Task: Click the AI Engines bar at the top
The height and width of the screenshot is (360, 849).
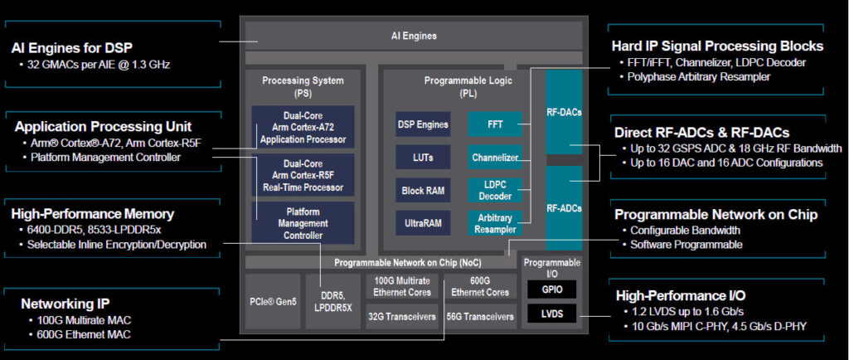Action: point(413,36)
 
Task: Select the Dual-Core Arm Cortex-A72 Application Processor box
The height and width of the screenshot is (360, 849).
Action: point(303,128)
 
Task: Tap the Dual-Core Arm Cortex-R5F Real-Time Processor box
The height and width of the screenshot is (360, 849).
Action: point(303,175)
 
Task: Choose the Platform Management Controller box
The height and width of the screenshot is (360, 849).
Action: point(303,222)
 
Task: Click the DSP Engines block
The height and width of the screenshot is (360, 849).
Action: point(423,125)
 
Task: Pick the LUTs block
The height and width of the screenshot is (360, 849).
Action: point(423,157)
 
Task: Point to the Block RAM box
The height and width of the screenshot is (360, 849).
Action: point(423,190)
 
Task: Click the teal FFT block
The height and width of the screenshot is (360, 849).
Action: point(494,125)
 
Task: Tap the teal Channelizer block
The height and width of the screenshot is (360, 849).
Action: point(494,157)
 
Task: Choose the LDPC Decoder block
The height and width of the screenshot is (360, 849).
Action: point(494,190)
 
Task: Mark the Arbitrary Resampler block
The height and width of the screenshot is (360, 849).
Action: point(494,222)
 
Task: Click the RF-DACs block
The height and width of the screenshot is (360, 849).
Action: point(564,109)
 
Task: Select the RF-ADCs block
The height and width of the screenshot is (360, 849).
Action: point(564,207)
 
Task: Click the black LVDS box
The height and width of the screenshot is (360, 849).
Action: point(551,314)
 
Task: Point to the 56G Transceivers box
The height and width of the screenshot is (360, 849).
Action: point(480,316)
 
